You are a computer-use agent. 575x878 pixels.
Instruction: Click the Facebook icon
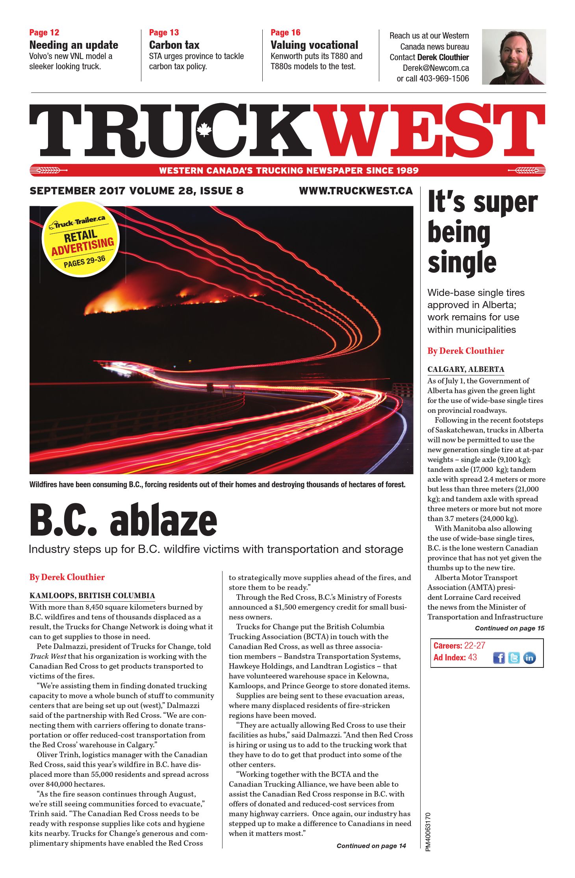point(499,658)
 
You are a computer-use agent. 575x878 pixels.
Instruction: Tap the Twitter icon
point(514,658)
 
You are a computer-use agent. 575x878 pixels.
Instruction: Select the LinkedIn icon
point(529,658)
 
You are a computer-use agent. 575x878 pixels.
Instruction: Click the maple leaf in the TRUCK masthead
point(204,129)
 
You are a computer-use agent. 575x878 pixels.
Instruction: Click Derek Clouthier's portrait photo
point(514,57)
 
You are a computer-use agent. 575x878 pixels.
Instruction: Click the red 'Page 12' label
point(44,33)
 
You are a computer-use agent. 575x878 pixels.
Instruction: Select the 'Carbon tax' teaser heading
point(174,45)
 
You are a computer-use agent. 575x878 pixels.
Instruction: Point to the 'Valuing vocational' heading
point(314,45)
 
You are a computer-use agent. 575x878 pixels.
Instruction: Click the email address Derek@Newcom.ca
point(436,68)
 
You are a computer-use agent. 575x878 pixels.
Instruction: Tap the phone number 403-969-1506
point(444,78)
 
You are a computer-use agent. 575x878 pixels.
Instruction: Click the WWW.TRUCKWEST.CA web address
point(356,191)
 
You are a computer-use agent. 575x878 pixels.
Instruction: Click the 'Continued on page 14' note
point(371,846)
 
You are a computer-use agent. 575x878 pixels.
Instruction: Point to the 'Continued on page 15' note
point(509,628)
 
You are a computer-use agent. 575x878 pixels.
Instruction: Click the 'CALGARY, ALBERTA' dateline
point(466,369)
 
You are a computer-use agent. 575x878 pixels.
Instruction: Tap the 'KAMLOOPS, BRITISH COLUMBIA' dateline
point(92,595)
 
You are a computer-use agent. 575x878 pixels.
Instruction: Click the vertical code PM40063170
point(428,832)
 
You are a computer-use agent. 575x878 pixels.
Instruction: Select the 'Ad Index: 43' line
point(455,657)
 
